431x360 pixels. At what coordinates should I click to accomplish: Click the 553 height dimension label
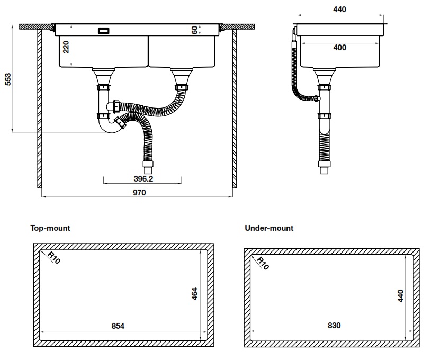coord(7,79)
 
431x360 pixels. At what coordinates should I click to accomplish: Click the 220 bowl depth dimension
coord(66,48)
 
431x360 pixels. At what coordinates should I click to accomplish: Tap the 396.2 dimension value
coord(142,178)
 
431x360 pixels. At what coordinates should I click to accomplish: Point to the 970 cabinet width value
coord(139,193)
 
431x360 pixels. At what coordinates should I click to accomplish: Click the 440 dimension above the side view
coord(340,10)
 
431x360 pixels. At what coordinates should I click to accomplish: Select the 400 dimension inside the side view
coord(340,48)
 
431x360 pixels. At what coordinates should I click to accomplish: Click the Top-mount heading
coord(50,228)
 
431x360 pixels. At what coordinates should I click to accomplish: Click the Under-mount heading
coord(269,228)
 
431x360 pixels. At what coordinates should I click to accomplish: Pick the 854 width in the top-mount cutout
coord(118,326)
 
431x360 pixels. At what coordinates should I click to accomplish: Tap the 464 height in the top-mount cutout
coord(194,294)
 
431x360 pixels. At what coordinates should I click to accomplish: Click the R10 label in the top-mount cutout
coord(53,258)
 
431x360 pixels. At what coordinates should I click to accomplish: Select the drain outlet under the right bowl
coord(180,79)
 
